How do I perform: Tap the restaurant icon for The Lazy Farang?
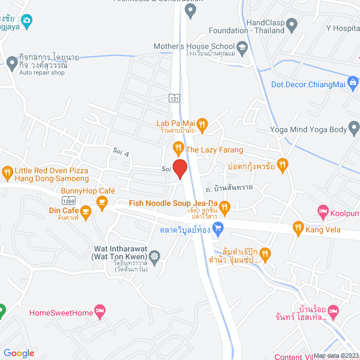[x=178, y=149]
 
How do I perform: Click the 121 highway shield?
[x=175, y=97]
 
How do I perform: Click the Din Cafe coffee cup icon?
[x=85, y=211]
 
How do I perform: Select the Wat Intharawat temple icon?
[x=154, y=255]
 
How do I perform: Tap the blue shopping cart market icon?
[x=219, y=228]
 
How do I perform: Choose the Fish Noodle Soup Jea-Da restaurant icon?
[x=224, y=208]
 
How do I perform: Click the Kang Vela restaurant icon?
[x=298, y=228]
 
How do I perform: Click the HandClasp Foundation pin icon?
[x=291, y=25]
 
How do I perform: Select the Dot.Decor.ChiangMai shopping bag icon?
[x=353, y=84]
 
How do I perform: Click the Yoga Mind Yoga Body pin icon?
[x=354, y=130]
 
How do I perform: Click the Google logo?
[x=19, y=353]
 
